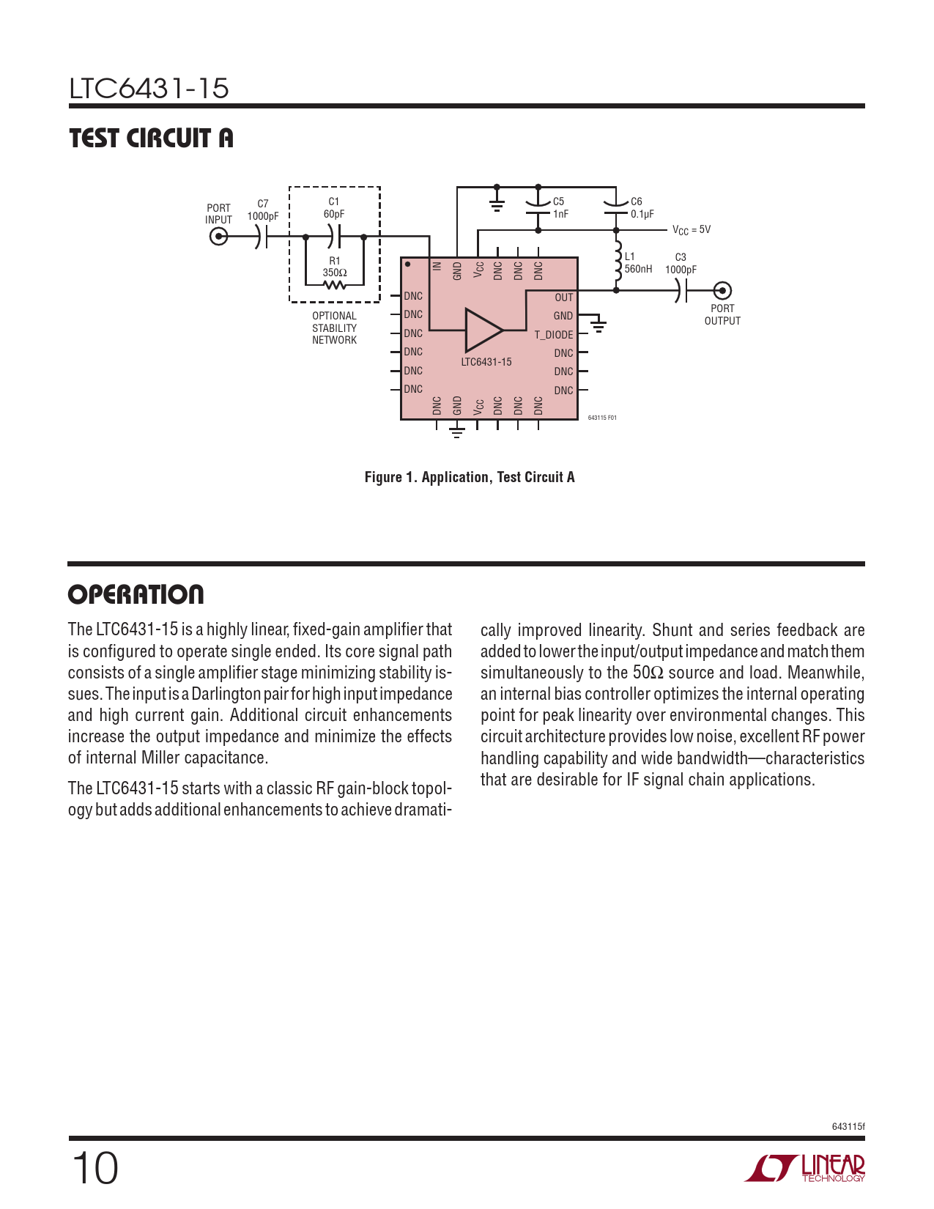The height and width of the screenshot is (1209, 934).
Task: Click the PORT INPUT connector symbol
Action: tap(218, 237)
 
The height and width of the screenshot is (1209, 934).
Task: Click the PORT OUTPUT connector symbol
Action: tap(722, 290)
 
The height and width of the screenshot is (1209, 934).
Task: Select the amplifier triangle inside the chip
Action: tap(483, 330)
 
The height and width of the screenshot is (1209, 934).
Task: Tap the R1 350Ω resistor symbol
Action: tap(335, 285)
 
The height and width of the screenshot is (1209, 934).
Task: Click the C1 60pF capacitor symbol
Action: tap(335, 237)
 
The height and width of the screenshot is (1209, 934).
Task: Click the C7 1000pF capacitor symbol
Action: tap(262, 237)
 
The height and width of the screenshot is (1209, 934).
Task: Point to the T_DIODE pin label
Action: tap(553, 335)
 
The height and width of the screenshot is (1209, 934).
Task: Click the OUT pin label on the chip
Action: tap(563, 297)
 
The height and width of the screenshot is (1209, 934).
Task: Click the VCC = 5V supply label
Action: tap(692, 230)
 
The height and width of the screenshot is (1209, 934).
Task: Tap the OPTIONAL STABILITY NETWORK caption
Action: tap(335, 328)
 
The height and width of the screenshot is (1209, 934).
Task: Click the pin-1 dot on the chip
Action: tap(408, 264)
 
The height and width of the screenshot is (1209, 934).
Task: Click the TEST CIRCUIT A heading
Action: tap(152, 138)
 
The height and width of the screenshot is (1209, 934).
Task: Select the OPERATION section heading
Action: tap(136, 594)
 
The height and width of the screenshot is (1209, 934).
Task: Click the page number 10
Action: tap(94, 1168)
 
